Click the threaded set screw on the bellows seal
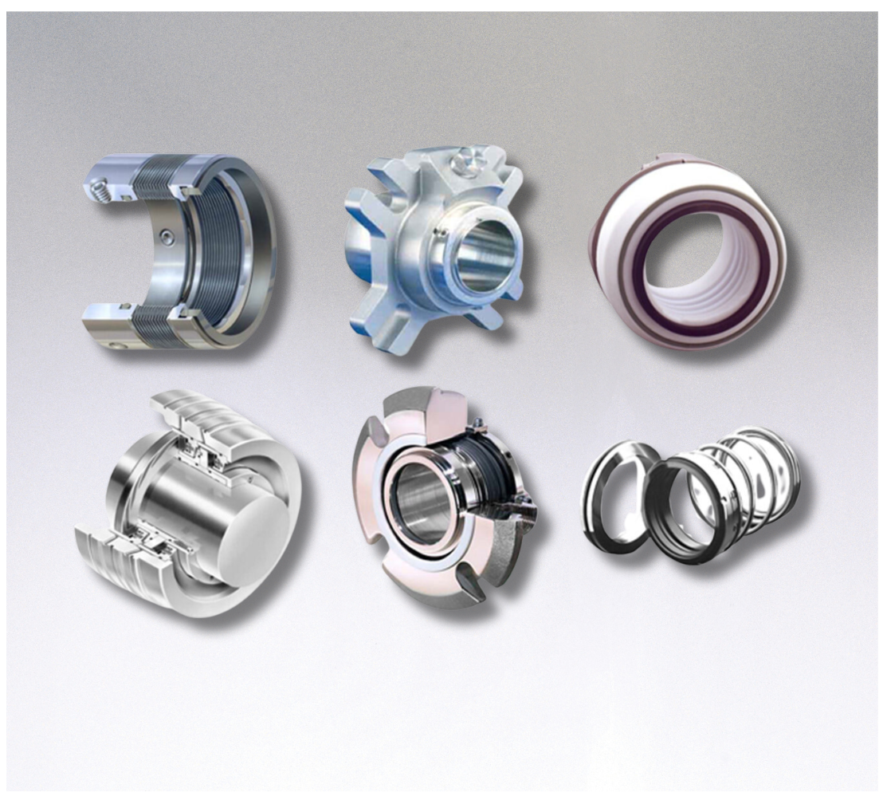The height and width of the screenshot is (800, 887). [x=99, y=191]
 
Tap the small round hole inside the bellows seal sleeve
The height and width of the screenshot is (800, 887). [x=165, y=234]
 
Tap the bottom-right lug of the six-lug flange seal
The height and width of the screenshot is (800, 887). [x=487, y=314]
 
